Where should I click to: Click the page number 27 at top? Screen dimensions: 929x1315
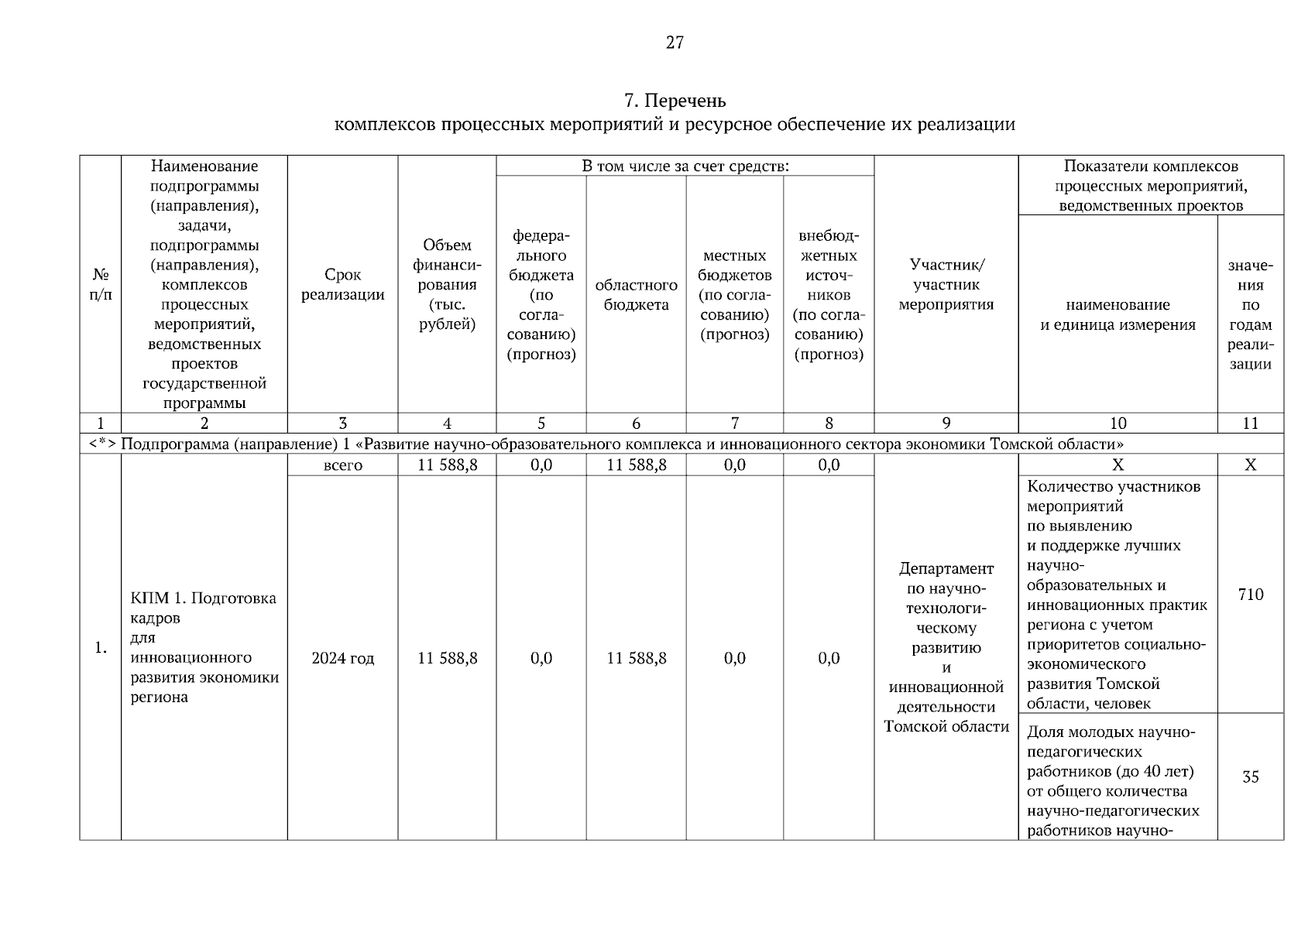point(675,43)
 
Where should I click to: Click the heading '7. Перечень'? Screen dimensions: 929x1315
point(675,101)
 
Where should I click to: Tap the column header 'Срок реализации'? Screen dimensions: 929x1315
point(342,285)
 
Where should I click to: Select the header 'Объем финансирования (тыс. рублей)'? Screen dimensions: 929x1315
point(447,285)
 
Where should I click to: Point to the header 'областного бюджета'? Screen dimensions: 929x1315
point(636,295)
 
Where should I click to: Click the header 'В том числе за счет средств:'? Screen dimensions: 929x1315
point(685,166)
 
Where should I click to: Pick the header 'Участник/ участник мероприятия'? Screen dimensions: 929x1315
point(946,285)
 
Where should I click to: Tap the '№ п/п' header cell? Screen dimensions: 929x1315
point(101,285)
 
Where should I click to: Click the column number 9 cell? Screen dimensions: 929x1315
point(946,423)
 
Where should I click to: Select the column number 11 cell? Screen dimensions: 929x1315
point(1250,423)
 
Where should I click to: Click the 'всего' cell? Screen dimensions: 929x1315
point(342,465)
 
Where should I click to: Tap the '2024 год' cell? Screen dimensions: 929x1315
point(342,659)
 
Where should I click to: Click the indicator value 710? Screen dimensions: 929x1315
point(1250,595)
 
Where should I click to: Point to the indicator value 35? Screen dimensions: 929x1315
point(1250,777)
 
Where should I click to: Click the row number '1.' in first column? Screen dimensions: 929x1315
point(101,648)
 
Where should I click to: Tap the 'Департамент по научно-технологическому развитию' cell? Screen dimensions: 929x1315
point(946,647)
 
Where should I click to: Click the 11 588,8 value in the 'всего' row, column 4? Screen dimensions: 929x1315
point(447,465)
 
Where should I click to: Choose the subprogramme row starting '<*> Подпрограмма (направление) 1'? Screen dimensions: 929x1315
point(622,444)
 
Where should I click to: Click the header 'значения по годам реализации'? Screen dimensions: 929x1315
point(1250,315)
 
